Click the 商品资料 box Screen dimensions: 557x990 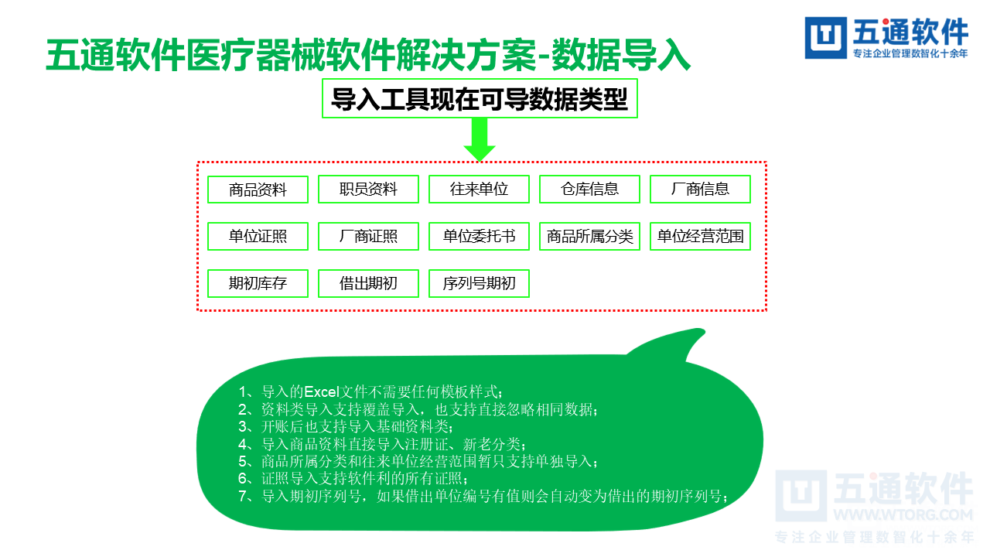pyautogui.click(x=258, y=190)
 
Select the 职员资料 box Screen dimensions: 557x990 pyautogui.click(x=368, y=190)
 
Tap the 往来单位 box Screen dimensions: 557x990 pyautogui.click(x=479, y=190)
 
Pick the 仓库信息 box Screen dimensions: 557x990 pyautogui.click(x=589, y=190)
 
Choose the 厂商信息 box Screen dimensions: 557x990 pyautogui.click(x=700, y=190)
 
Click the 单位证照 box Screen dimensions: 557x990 pyautogui.click(x=258, y=237)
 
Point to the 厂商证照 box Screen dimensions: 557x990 pyautogui.click(x=368, y=237)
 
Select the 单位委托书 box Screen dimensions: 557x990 pyautogui.click(x=479, y=237)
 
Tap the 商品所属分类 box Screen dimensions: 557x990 pyautogui.click(x=589, y=237)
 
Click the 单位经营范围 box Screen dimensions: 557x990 pyautogui.click(x=700, y=237)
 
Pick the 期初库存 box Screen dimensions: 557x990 pyautogui.click(x=258, y=284)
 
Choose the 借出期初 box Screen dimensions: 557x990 pyautogui.click(x=368, y=284)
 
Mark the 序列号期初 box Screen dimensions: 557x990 pyautogui.click(x=479, y=284)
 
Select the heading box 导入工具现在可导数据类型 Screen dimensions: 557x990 pyautogui.click(x=480, y=98)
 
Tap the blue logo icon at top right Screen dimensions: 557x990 pyautogui.click(x=826, y=38)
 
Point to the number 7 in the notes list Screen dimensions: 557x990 pyautogui.click(x=244, y=497)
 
